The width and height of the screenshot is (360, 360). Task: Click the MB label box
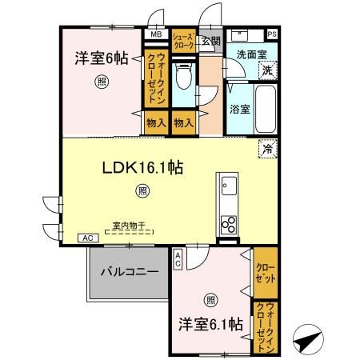tap(155, 35)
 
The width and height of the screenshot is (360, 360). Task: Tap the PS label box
tap(273, 34)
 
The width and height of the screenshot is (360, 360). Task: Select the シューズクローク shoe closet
tap(184, 41)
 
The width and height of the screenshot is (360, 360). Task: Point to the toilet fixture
tap(182, 80)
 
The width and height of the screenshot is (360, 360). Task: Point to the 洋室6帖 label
tap(101, 58)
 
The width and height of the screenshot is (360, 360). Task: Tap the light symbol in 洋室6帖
tap(102, 80)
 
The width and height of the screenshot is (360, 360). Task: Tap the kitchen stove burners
tap(228, 222)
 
